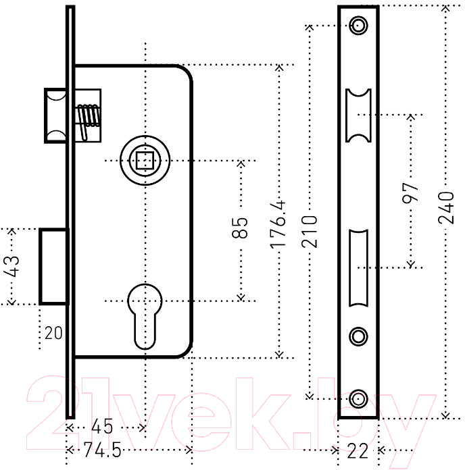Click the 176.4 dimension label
[x=278, y=225]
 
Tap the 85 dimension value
[x=240, y=228]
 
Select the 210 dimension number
[x=310, y=232]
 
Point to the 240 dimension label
[x=446, y=208]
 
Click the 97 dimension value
[x=410, y=192]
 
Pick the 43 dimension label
[x=11, y=266]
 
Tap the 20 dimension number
[x=53, y=333]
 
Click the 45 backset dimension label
[x=102, y=426]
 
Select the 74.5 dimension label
[x=102, y=449]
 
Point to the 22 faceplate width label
[x=358, y=451]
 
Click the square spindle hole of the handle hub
[x=145, y=161]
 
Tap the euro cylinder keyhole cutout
[x=145, y=316]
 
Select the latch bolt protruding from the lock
[x=55, y=115]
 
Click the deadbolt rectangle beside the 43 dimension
[x=54, y=267]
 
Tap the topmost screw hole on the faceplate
[x=358, y=25]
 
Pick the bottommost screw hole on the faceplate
[x=358, y=398]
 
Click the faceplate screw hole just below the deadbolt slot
[x=358, y=336]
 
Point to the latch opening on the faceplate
[x=358, y=115]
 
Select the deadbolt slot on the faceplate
[x=358, y=268]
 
